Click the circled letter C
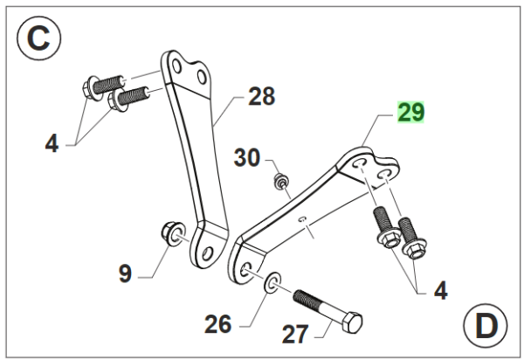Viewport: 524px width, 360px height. tap(38, 38)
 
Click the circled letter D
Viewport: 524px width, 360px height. tap(484, 326)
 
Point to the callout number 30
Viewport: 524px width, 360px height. tap(247, 159)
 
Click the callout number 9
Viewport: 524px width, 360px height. tap(125, 273)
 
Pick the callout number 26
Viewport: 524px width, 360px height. tap(218, 324)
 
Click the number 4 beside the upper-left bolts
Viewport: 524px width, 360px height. tap(52, 143)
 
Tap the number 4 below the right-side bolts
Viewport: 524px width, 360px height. tap(440, 290)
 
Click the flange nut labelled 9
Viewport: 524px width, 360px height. tap(171, 232)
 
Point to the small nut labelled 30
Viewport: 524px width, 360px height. tap(280, 182)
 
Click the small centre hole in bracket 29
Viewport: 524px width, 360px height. tap(300, 220)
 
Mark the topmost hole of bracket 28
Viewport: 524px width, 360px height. tap(179, 66)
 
